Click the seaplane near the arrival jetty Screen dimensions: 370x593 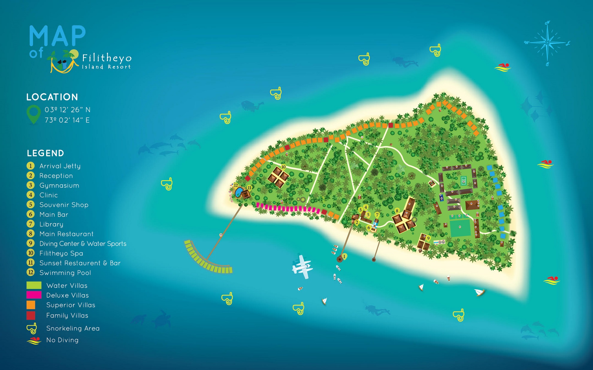[x=302, y=267]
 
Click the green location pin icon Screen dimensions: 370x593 [x=34, y=114]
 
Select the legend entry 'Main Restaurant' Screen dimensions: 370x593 [x=66, y=234]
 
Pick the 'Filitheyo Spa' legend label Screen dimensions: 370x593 [x=61, y=253]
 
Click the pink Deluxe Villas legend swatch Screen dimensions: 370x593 [x=34, y=295]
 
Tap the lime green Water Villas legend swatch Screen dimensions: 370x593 [x=34, y=285]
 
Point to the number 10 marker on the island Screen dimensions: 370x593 [x=283, y=167]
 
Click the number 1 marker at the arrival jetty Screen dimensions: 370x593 [x=344, y=257]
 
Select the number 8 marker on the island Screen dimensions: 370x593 [x=397, y=211]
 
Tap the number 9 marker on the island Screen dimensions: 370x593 [x=428, y=238]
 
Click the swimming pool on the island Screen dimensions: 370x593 [x=239, y=192]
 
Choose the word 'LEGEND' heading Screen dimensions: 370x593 [x=46, y=153]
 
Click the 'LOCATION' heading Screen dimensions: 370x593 [x=52, y=97]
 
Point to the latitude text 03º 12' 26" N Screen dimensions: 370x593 [x=67, y=110]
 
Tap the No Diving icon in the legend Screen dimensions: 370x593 [x=34, y=340]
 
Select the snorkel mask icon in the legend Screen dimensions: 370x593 [x=32, y=328]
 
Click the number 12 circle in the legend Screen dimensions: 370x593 [x=31, y=272]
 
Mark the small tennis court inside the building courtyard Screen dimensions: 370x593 [x=464, y=181]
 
